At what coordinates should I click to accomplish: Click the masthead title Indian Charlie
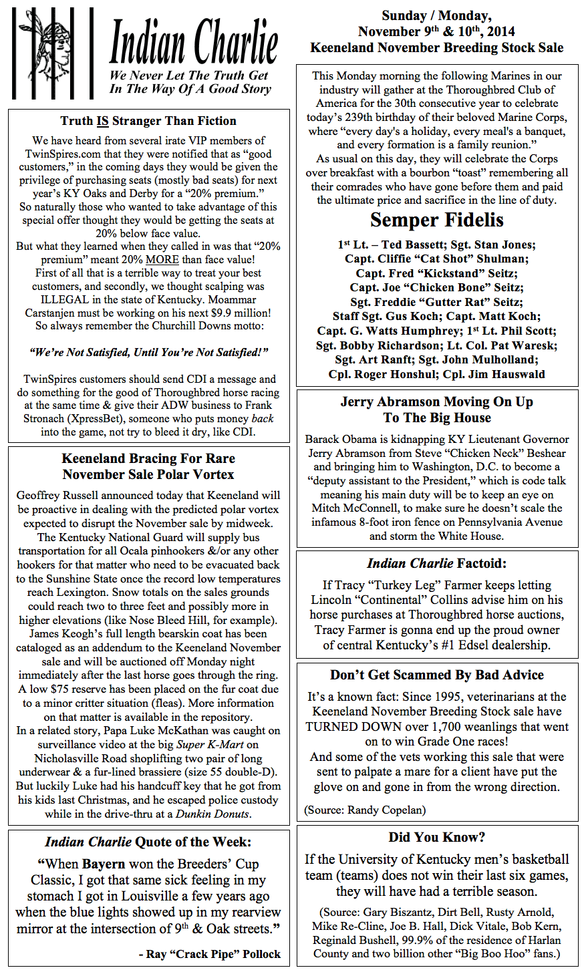[194, 41]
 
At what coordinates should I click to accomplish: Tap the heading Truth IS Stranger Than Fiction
[148, 121]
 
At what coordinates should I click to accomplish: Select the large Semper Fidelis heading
[437, 220]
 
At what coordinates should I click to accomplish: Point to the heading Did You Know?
[437, 838]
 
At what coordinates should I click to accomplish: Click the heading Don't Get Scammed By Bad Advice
[437, 675]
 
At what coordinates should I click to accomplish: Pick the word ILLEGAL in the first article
[64, 300]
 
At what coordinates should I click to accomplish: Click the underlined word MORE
[162, 260]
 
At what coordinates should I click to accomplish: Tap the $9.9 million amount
[238, 313]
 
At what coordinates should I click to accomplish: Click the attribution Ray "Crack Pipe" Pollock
[210, 954]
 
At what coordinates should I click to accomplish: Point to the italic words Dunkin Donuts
[212, 814]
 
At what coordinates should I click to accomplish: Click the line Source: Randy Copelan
[364, 810]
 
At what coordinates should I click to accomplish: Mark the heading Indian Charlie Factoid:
[437, 564]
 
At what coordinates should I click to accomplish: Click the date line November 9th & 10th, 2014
[437, 31]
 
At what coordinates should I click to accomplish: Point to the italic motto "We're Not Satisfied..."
[148, 352]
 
